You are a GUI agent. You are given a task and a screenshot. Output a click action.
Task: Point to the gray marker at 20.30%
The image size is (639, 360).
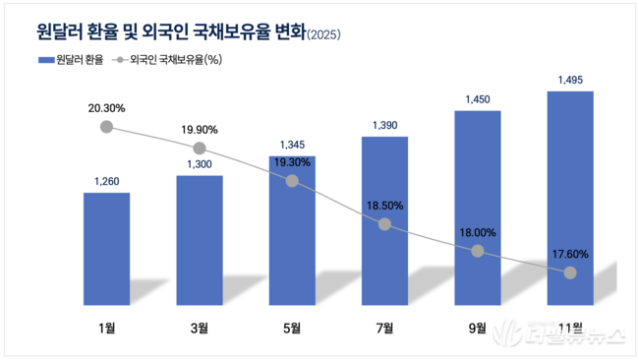pos(106,128)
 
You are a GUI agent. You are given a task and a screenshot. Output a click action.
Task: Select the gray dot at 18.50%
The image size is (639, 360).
pos(384,224)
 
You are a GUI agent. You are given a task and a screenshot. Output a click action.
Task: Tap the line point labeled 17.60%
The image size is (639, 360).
pos(569,272)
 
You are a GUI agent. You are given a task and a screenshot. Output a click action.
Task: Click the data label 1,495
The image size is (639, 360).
pos(569,80)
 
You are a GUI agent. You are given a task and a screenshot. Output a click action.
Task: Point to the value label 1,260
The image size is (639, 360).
pos(106,180)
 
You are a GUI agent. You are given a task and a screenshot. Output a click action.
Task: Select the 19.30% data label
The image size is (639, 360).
pos(292,161)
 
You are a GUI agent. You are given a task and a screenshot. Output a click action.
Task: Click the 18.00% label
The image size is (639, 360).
pos(477,232)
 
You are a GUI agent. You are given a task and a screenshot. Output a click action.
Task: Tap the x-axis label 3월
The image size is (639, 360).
pos(200,328)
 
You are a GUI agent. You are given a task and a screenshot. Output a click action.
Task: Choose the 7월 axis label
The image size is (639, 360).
pos(384,328)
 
